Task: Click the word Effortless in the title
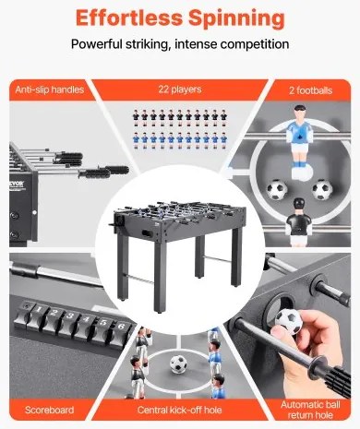click(129, 18)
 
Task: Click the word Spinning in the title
click(236, 19)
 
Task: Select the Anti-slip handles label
click(50, 89)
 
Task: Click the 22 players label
click(180, 89)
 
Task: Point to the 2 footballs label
click(310, 90)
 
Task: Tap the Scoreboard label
click(49, 410)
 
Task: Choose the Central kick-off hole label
click(179, 410)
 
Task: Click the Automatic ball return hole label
click(310, 410)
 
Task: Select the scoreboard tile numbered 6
click(120, 331)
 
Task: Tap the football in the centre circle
click(178, 364)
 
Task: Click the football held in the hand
click(288, 321)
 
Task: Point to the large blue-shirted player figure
click(299, 143)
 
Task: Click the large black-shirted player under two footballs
click(298, 221)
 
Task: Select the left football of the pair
click(277, 189)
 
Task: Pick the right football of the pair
click(322, 190)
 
